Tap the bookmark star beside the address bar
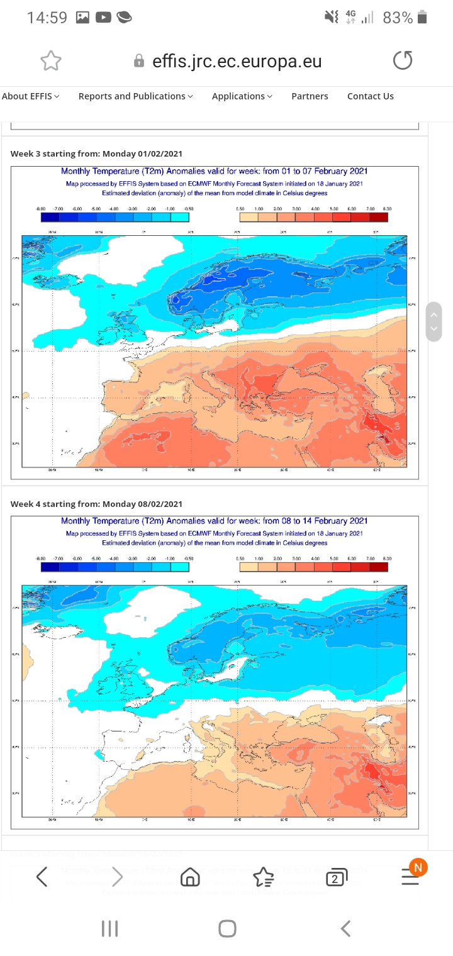coord(51,60)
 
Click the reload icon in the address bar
coord(403,60)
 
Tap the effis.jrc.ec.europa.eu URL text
coord(237,61)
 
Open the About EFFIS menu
coord(31,96)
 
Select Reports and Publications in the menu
coord(135,96)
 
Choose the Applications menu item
coord(242,96)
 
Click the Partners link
coord(310,96)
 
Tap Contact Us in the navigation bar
coord(371,96)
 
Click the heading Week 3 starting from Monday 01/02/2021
coord(97,153)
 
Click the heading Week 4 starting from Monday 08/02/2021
coord(97,504)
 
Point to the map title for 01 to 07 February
coord(215,171)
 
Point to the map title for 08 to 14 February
coord(215,521)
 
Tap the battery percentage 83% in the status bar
coord(398,18)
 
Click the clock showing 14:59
coord(47,18)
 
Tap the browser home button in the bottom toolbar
coord(190,877)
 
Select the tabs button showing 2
coord(337,877)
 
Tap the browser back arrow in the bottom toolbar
coord(42,877)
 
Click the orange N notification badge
coord(418,867)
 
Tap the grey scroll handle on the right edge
coord(433,321)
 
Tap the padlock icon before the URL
coord(139,61)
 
